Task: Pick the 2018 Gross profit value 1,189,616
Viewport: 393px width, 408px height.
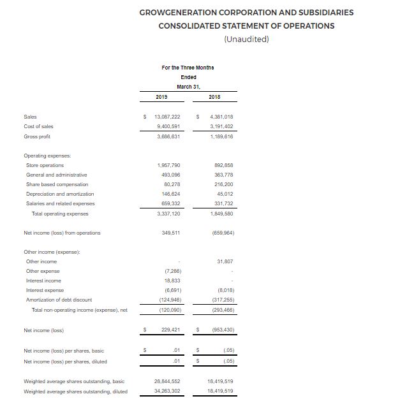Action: coord(220,136)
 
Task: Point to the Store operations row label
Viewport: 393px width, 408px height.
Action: coord(45,165)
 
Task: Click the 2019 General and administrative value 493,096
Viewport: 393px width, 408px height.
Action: coord(170,175)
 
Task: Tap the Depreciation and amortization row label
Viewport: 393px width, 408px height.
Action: coord(60,194)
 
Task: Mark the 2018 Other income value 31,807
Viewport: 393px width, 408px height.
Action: coord(225,261)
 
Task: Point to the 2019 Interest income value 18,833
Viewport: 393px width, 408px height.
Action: coord(171,280)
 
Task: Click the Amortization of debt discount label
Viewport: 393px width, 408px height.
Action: coord(59,300)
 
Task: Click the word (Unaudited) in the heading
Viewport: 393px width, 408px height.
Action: coord(246,40)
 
